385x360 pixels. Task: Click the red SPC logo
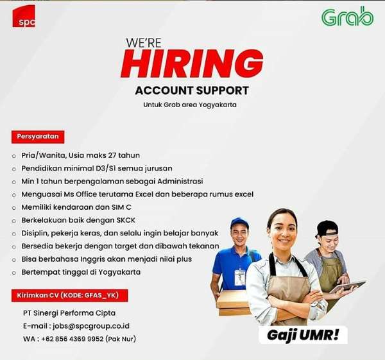pos(24,17)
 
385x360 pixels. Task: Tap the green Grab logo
pos(347,17)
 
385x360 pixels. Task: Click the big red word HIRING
pos(193,64)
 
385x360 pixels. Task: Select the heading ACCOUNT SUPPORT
pos(192,90)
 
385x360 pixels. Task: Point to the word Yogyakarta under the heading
pos(218,105)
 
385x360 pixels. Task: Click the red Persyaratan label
pos(38,137)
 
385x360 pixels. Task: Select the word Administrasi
pos(180,181)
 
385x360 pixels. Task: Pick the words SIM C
pos(121,207)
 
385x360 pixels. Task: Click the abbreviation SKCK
pos(126,220)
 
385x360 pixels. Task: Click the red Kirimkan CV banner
pos(70,295)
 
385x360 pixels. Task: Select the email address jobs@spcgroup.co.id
pos(91,326)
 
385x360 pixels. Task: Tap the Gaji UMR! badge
pos(304,335)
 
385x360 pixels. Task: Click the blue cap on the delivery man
pos(239,222)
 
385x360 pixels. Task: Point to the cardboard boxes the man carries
pos(233,303)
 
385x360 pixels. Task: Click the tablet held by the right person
pos(347,287)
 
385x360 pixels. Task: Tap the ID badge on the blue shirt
pos(239,278)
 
